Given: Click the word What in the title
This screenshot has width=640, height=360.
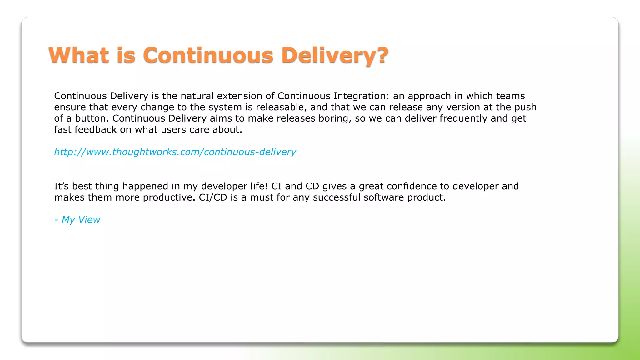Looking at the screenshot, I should pyautogui.click(x=79, y=55).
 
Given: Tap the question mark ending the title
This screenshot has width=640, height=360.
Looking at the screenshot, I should pyautogui.click(x=382, y=55).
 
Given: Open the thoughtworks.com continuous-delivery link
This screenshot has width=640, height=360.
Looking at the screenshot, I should pyautogui.click(x=175, y=152).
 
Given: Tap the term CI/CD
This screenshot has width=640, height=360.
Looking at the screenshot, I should pyautogui.click(x=213, y=197).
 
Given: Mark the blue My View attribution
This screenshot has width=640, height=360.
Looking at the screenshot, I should pyautogui.click(x=77, y=220).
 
